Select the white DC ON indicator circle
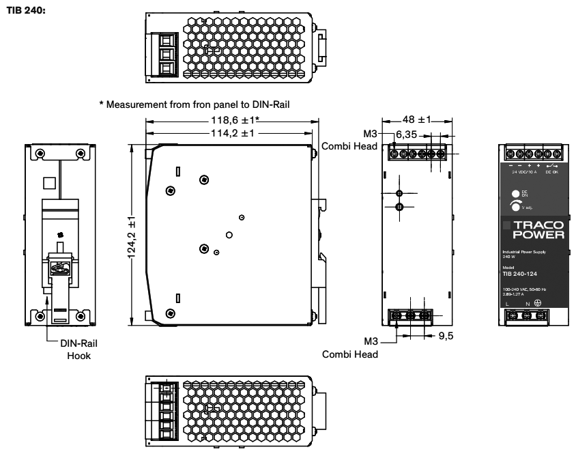[x=515, y=193]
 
